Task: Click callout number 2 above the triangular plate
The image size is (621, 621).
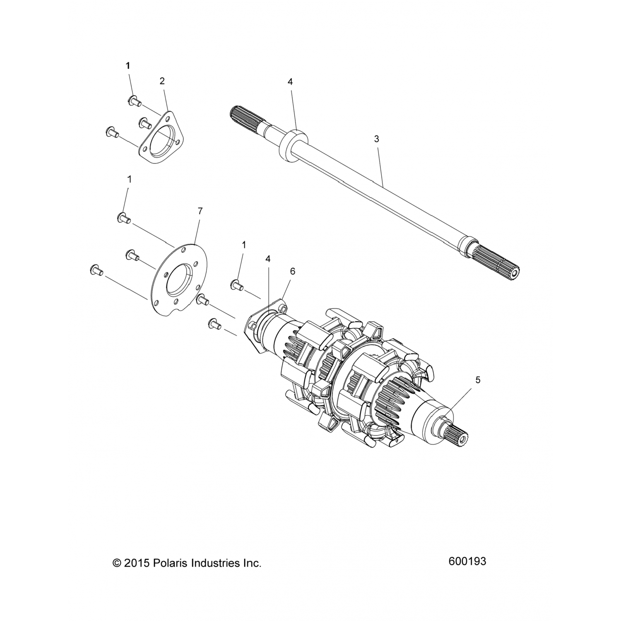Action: point(162,81)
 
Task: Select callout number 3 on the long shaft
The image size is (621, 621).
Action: point(376,139)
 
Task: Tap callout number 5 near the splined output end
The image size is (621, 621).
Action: point(478,380)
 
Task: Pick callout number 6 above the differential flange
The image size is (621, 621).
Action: point(292,271)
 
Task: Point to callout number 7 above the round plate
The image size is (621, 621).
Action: point(200,211)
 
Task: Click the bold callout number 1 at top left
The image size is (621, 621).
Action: point(128,65)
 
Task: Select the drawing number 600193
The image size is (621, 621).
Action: point(467,561)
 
